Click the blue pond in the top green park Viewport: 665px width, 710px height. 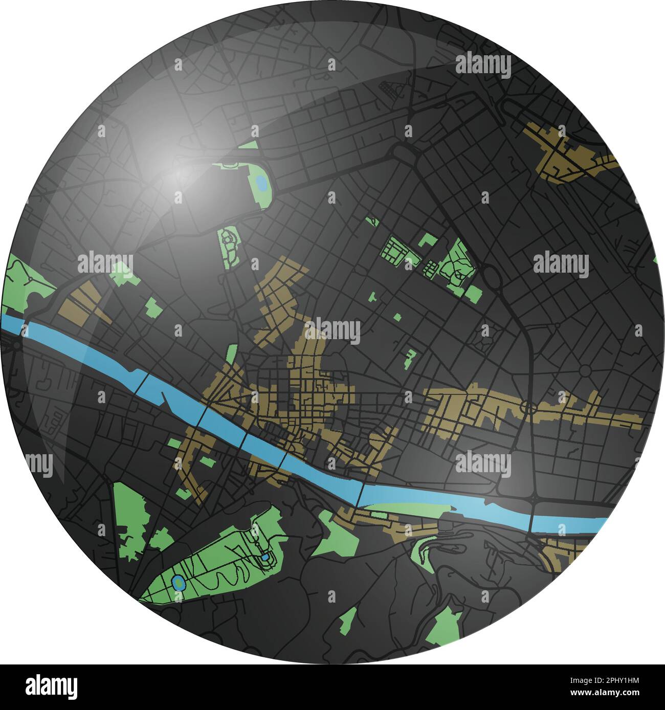[260, 182]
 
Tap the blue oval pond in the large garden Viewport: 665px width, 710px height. [178, 582]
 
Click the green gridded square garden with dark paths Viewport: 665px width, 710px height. [395, 250]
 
